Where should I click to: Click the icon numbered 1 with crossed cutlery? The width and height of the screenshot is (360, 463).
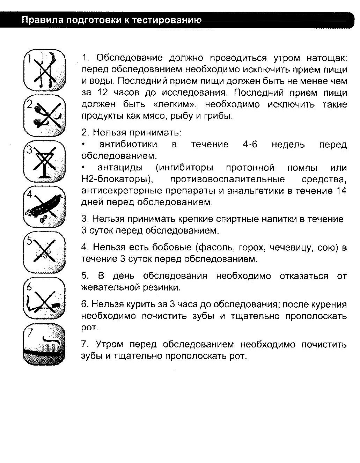point(44,70)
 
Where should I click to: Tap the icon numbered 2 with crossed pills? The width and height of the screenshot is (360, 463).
point(44,115)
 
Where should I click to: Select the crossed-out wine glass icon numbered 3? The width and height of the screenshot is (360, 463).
point(44,161)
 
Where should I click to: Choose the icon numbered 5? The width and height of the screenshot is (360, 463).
point(44,252)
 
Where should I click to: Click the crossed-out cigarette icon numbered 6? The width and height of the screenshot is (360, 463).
point(44,298)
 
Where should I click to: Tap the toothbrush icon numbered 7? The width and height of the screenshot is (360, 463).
point(44,344)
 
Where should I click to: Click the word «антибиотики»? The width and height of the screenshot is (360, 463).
point(128,144)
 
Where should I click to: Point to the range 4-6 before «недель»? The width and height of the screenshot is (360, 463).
point(250,144)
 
